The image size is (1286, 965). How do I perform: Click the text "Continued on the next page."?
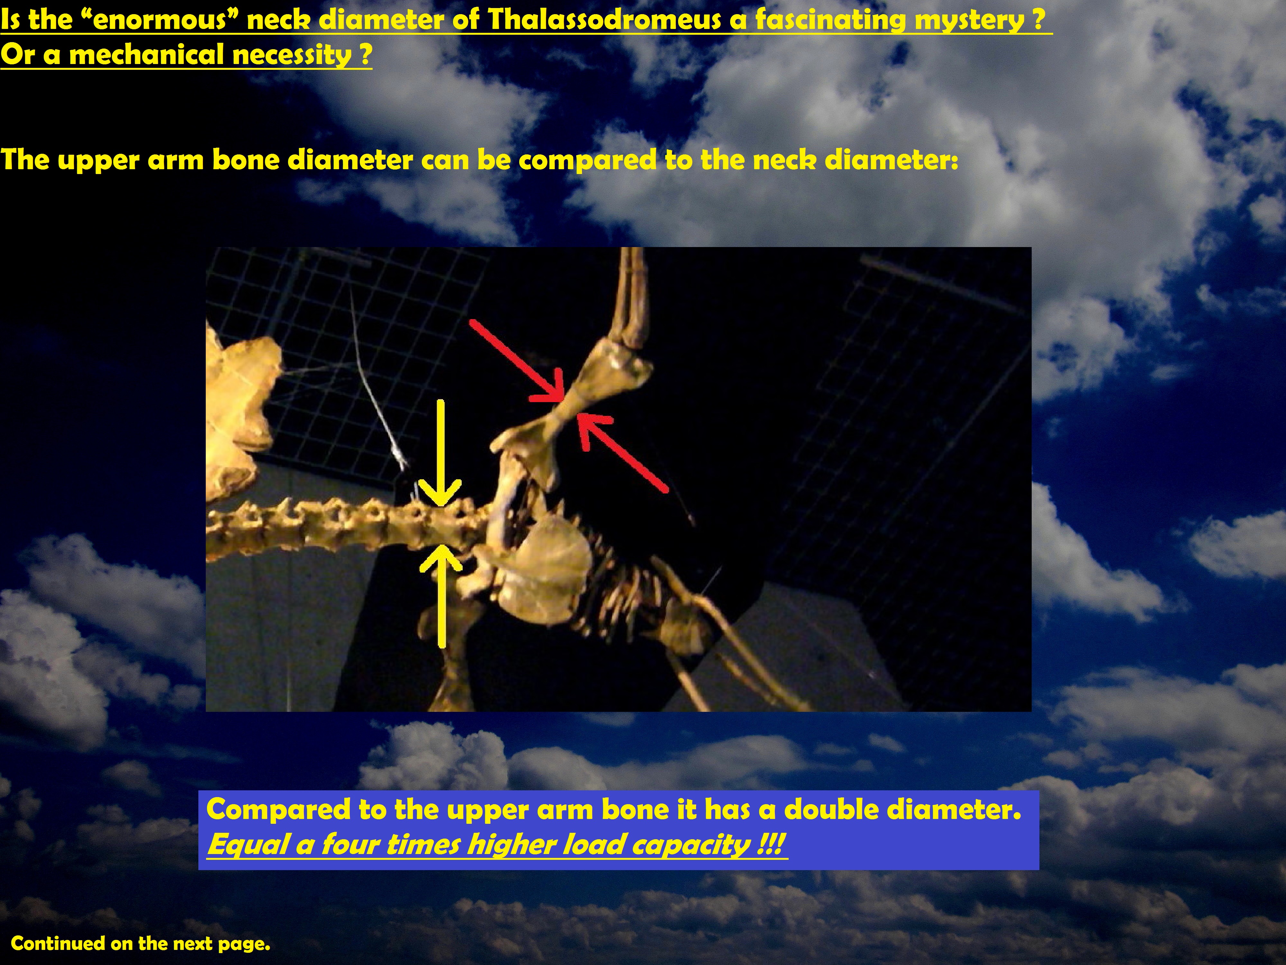[x=141, y=943]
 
